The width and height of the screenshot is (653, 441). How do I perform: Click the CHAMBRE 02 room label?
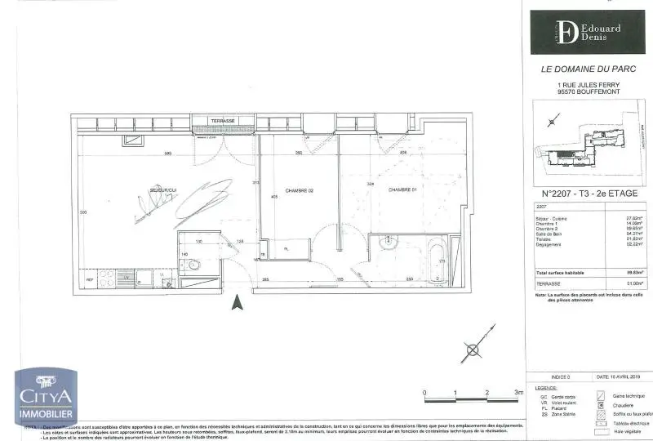click(x=300, y=191)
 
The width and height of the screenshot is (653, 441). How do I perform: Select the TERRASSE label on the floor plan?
click(x=223, y=121)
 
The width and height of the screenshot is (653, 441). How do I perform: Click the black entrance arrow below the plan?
click(x=237, y=303)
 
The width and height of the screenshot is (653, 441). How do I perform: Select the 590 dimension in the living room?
click(x=167, y=154)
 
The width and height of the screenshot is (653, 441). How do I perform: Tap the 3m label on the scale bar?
click(x=518, y=393)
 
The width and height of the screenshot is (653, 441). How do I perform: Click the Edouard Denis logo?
click(x=587, y=32)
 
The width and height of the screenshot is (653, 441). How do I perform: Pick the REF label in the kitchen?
click(x=90, y=279)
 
